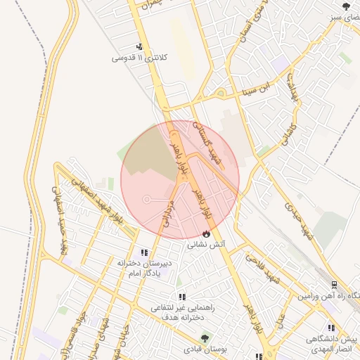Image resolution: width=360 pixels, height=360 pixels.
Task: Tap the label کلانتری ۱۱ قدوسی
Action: pyautogui.click(x=140, y=58)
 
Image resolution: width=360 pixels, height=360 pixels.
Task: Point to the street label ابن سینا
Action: pyautogui.click(x=254, y=89)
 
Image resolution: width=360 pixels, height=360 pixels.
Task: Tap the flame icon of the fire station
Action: pyautogui.click(x=206, y=233)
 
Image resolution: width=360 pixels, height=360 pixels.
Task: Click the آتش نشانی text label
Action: pyautogui.click(x=206, y=245)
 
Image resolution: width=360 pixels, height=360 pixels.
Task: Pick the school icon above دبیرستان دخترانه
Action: pyautogui.click(x=144, y=252)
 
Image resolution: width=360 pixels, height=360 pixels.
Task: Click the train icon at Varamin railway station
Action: pyautogui.click(x=334, y=285)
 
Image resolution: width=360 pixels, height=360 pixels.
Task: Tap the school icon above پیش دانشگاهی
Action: pyautogui.click(x=331, y=328)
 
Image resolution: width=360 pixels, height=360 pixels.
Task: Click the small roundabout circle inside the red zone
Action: pyautogui.click(x=146, y=200)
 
